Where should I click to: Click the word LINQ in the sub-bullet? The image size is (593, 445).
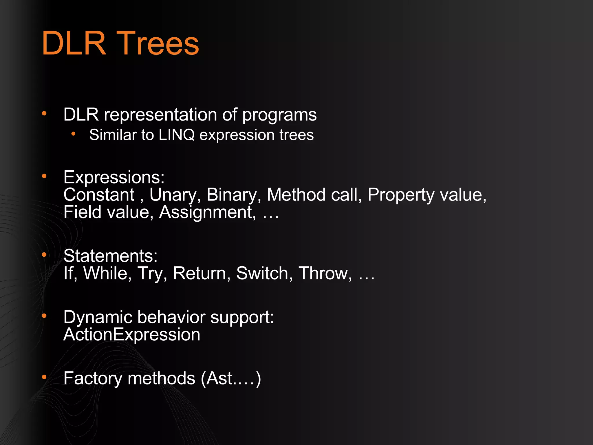coord(176,135)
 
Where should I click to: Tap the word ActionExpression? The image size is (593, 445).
coord(132,335)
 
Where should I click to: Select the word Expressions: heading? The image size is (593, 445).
coord(114,177)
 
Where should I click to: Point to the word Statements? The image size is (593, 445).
coord(110,256)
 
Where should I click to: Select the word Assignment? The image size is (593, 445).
coord(207,212)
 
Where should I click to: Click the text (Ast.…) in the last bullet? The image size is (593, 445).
coord(231,378)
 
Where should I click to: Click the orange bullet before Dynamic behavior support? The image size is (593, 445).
coord(44,315)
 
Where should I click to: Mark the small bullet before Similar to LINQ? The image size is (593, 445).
coord(74,134)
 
